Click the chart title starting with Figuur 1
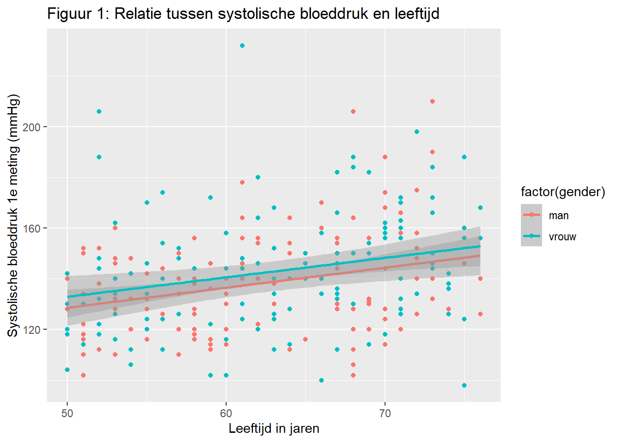pyautogui.click(x=243, y=14)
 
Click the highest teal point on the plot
pyautogui.click(x=242, y=46)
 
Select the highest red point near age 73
pyautogui.click(x=432, y=101)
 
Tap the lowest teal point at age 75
pyautogui.click(x=464, y=385)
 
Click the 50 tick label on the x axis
pyautogui.click(x=67, y=413)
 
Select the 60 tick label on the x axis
pyautogui.click(x=226, y=413)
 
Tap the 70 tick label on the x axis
pyautogui.click(x=385, y=413)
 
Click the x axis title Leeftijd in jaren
pyautogui.click(x=274, y=429)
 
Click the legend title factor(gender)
pyautogui.click(x=563, y=192)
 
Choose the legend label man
pyautogui.click(x=559, y=215)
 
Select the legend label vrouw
pyautogui.click(x=562, y=237)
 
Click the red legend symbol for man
pyautogui.click(x=531, y=215)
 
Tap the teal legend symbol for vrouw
pyautogui.click(x=531, y=236)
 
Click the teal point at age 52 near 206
pyautogui.click(x=99, y=111)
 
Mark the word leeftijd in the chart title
pyautogui.click(x=417, y=14)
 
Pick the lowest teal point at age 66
pyautogui.click(x=321, y=380)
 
